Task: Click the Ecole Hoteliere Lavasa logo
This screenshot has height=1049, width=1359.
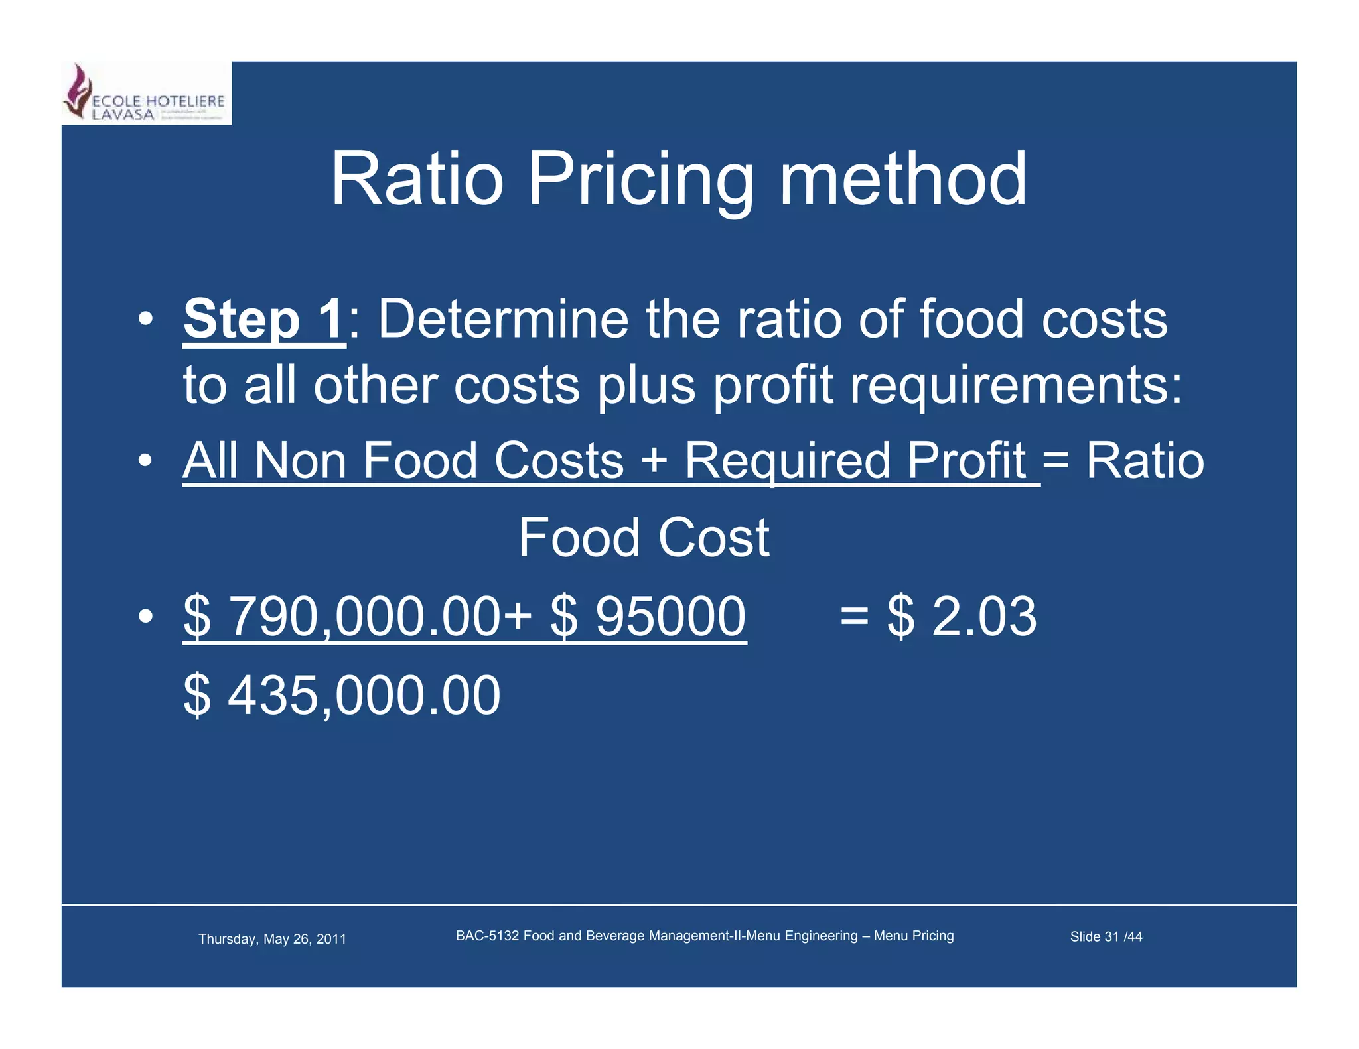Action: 146,93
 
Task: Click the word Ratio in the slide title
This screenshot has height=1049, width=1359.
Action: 417,179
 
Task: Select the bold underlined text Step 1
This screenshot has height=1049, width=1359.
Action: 264,320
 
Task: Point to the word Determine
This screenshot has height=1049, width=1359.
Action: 503,320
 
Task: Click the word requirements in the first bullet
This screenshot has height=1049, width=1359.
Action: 1015,386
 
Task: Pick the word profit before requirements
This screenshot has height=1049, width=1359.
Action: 772,386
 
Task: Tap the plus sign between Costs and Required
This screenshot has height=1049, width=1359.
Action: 654,460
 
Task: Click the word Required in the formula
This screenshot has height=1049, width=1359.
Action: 788,462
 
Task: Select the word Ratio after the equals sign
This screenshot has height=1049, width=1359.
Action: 1145,461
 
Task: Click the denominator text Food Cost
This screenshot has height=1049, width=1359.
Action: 643,538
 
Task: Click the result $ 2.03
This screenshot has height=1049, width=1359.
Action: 962,617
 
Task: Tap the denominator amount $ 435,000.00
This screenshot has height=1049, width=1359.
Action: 342,696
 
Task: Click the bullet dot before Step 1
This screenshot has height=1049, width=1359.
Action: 146,320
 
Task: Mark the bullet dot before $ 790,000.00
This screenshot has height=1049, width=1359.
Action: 146,617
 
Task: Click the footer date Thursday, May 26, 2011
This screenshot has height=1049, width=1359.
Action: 272,939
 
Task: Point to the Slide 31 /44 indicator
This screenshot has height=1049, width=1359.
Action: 1106,937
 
